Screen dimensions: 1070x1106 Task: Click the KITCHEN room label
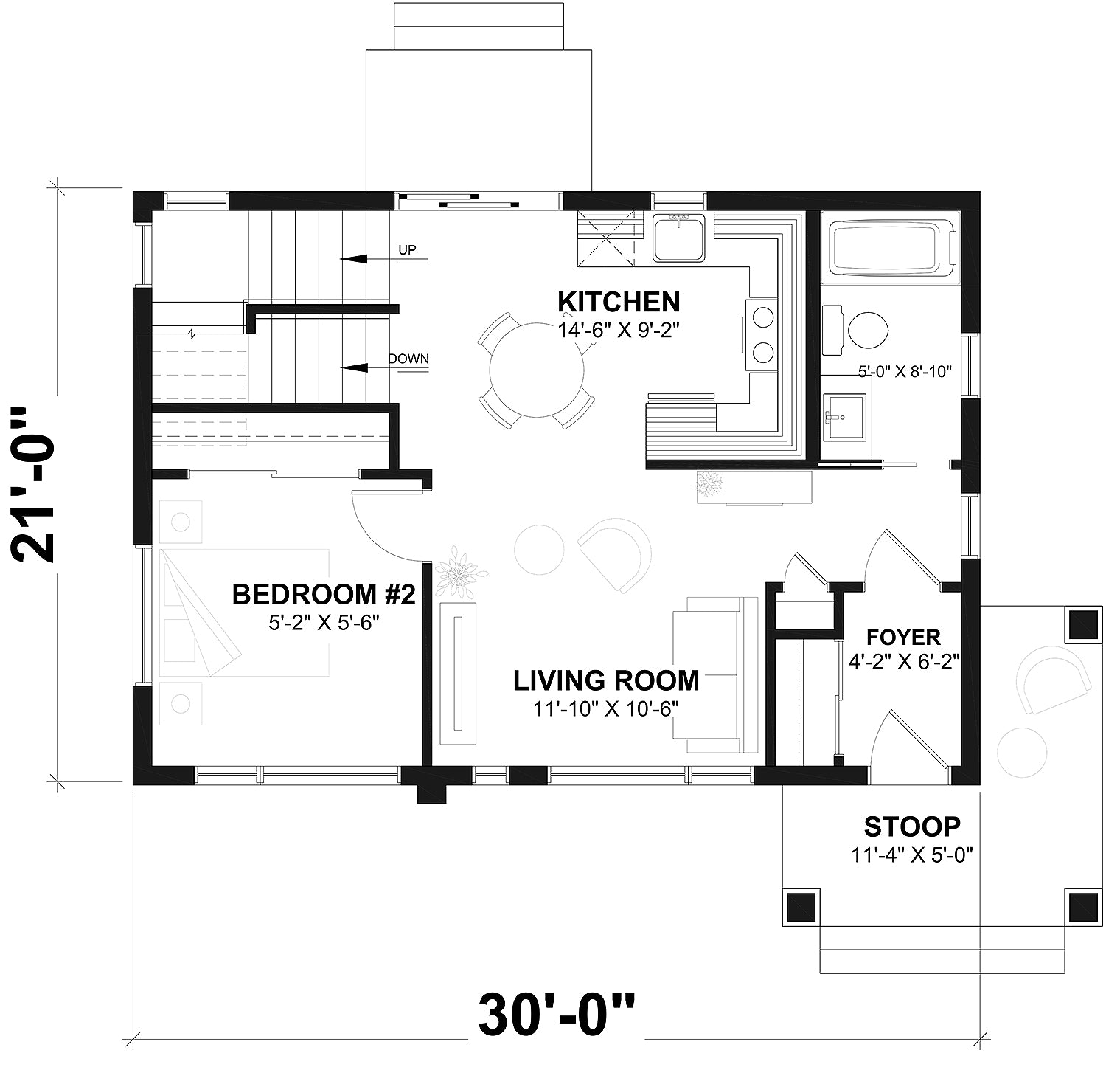tap(618, 302)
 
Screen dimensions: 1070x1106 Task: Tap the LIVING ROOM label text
tap(606, 680)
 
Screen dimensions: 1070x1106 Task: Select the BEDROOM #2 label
tap(324, 594)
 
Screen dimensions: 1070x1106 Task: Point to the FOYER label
tap(903, 637)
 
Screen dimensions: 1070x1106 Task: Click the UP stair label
tap(407, 250)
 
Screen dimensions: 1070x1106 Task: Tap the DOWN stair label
tap(408, 359)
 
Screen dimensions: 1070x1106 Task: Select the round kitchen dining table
tap(536, 369)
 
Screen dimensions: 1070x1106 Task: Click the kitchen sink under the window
tap(679, 237)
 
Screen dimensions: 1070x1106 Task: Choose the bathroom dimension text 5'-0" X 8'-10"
tap(905, 372)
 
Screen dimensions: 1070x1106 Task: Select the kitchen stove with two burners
tap(762, 334)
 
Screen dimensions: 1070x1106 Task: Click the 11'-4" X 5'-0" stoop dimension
tap(912, 855)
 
